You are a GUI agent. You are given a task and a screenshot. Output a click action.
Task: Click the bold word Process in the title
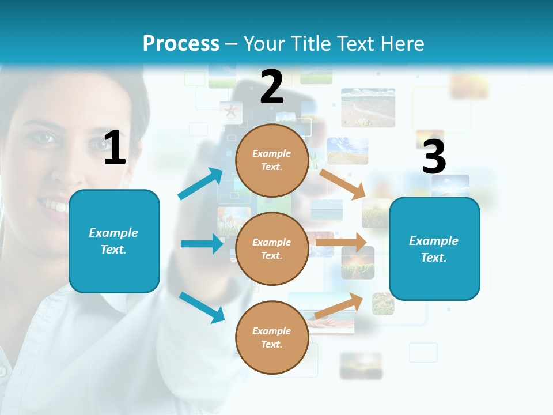click(x=181, y=44)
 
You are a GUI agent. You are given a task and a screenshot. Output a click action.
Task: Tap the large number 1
click(x=115, y=148)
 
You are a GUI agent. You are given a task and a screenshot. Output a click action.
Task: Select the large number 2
click(x=272, y=87)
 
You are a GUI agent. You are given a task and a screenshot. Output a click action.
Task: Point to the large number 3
click(x=434, y=157)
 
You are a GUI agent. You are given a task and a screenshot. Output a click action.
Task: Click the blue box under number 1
click(x=114, y=241)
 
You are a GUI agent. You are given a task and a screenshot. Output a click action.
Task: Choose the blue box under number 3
click(x=434, y=248)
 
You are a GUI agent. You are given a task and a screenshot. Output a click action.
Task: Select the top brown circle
click(x=272, y=160)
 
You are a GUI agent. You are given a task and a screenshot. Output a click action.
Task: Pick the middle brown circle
click(x=272, y=248)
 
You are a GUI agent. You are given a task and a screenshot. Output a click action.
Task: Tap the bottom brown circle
click(x=272, y=337)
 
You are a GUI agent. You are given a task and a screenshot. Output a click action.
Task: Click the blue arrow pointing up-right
click(x=200, y=184)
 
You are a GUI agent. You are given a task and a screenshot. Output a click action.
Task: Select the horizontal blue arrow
click(x=202, y=244)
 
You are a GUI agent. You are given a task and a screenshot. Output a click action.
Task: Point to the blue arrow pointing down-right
click(x=202, y=307)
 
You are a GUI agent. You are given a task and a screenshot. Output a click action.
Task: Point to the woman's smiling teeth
click(x=55, y=205)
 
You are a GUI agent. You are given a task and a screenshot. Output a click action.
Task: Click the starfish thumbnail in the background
click(x=230, y=111)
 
